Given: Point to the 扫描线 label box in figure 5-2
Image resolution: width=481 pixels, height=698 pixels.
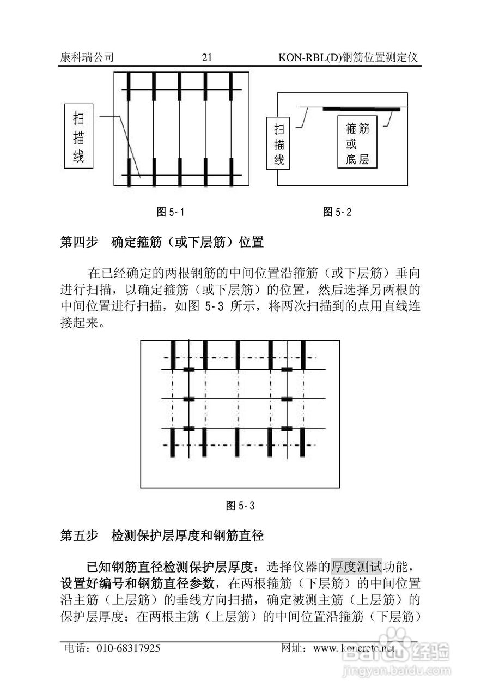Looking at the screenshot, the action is click(x=279, y=144).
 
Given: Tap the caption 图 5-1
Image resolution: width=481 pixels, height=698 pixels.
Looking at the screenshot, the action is click(x=170, y=212).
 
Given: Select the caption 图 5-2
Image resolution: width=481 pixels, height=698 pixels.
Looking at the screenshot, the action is click(x=337, y=212).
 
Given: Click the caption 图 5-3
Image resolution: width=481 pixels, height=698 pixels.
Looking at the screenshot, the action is click(x=240, y=506).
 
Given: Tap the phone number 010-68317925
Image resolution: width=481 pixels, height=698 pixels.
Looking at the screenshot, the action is click(x=129, y=648).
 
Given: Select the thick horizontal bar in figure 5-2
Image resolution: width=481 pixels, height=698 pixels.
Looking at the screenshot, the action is click(x=361, y=110).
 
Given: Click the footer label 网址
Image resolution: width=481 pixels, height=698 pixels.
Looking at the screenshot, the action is click(x=293, y=648).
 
